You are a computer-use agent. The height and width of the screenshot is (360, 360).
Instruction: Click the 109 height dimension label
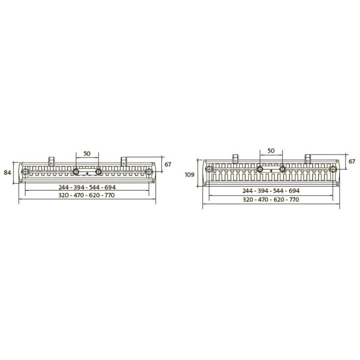pyautogui.click(x=189, y=174)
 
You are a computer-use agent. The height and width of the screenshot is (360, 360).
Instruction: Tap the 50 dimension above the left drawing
pyautogui.click(x=87, y=153)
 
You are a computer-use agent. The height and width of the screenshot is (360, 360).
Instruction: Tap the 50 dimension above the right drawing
pyautogui.click(x=271, y=150)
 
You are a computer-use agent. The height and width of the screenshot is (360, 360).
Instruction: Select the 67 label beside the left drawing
pyautogui.click(x=168, y=164)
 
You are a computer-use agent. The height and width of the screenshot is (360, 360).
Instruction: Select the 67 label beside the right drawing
pyautogui.click(x=352, y=161)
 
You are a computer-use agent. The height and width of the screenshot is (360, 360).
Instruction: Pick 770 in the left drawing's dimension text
pyautogui.click(x=109, y=195)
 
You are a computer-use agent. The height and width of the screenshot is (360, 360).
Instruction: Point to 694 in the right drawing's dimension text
pyautogui.click(x=293, y=191)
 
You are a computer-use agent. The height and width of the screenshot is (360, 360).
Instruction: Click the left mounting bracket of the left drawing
pyautogui.click(x=50, y=161)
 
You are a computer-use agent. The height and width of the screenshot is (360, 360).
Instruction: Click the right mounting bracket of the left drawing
pyautogui.click(x=123, y=161)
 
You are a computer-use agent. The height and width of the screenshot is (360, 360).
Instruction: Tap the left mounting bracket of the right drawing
pyautogui.click(x=234, y=158)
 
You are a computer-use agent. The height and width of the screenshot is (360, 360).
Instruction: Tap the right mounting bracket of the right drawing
pyautogui.click(x=307, y=158)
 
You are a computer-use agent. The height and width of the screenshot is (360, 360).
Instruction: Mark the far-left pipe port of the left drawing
pyautogui.click(x=26, y=172)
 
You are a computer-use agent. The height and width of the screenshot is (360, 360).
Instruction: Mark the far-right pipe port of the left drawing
pyautogui.click(x=148, y=172)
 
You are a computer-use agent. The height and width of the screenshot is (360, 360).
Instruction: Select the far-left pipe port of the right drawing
pyautogui.click(x=209, y=169)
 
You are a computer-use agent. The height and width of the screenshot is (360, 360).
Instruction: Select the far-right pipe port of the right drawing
pyautogui.click(x=332, y=169)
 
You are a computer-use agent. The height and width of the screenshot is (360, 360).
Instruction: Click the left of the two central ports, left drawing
pyautogui.click(x=76, y=172)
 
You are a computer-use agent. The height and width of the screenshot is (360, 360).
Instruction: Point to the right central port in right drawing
pyautogui.click(x=282, y=169)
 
